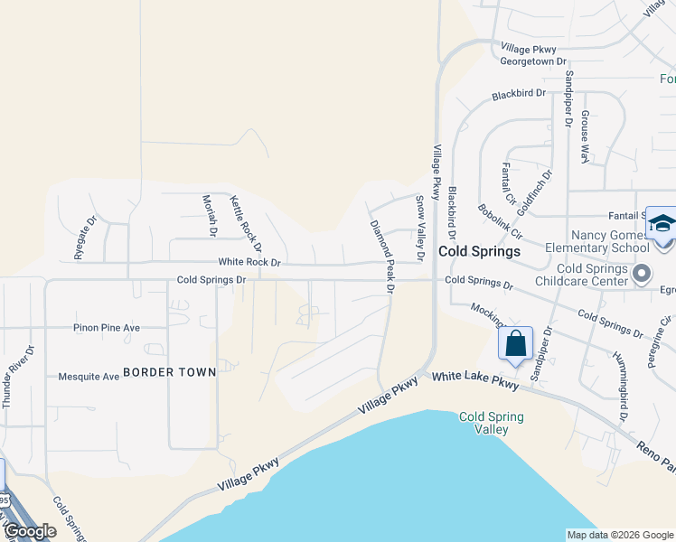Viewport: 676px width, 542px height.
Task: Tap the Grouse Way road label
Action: coord(586,136)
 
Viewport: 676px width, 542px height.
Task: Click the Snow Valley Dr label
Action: coord(419,229)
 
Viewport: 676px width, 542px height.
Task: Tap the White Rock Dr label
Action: coord(243,262)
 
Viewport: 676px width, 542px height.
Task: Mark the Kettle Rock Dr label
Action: coord(245,223)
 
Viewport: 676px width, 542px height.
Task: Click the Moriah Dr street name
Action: coord(210,215)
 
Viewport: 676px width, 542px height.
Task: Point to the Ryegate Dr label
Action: coord(91,237)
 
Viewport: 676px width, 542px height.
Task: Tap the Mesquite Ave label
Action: coord(89,377)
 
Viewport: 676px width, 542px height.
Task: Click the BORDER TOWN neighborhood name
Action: coord(169,371)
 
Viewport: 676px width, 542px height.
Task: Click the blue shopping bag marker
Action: coord(515,344)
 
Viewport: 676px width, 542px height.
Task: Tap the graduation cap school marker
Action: coord(662,223)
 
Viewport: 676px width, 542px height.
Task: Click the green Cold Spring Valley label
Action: coord(492,424)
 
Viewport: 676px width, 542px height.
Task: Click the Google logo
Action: coord(30,531)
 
